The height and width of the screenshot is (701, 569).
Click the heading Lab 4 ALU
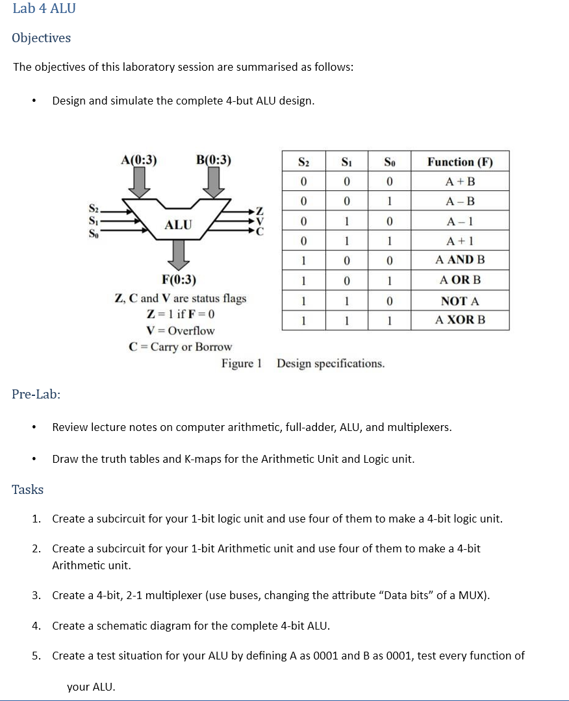pos(44,8)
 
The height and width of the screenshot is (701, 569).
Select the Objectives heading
pos(41,38)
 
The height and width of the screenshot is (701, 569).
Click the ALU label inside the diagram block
pos(178,225)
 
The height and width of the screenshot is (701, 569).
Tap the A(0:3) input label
pos(138,160)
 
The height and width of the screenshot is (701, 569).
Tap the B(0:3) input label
pos(213,160)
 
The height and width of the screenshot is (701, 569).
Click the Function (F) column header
pos(460,162)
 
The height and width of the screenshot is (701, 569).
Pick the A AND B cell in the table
pos(460,260)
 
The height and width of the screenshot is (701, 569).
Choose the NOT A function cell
pos(460,301)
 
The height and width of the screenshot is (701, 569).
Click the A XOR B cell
pos(460,320)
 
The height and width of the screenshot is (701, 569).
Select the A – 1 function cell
pos(460,221)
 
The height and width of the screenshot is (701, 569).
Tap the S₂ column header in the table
pos(303,162)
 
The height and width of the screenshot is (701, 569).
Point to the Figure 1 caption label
pos(241,363)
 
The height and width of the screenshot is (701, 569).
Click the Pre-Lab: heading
pos(36,394)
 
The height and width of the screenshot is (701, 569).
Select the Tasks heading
pos(28,489)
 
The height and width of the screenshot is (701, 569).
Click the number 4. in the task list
pos(37,626)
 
